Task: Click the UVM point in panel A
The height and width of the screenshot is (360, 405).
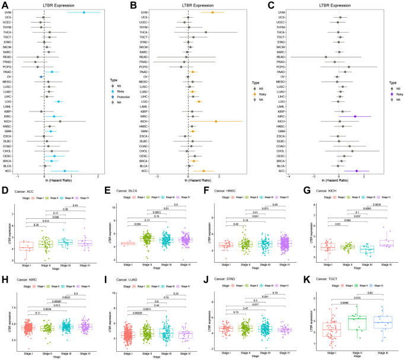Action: pyautogui.click(x=84, y=12)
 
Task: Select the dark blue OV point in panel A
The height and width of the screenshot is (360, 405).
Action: pyautogui.click(x=41, y=77)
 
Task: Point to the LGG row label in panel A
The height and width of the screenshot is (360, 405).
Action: pyautogui.click(x=12, y=101)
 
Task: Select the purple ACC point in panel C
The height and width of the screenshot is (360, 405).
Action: pyautogui.click(x=356, y=154)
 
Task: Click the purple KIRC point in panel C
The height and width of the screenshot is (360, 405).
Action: pyautogui.click(x=355, y=116)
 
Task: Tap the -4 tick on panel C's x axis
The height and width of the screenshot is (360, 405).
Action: pyautogui.click(x=289, y=159)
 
